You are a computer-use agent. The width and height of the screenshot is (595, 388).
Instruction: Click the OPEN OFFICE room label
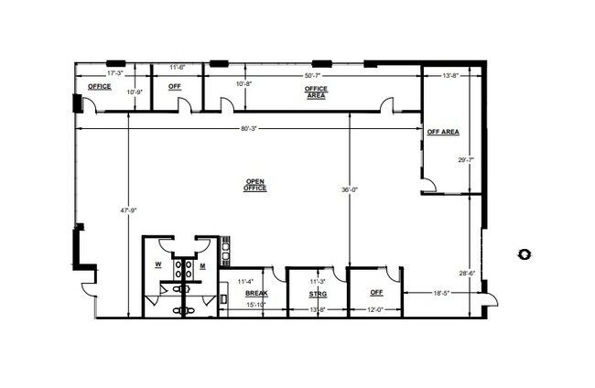click(x=254, y=184)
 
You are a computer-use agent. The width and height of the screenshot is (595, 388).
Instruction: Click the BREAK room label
click(x=254, y=293)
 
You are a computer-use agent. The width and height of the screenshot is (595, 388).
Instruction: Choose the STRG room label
click(x=317, y=294)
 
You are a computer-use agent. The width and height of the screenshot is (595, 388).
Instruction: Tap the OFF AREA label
click(x=443, y=133)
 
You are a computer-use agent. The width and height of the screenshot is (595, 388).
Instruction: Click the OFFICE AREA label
click(x=316, y=92)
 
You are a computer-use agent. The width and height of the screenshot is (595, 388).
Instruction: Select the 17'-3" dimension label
click(x=115, y=71)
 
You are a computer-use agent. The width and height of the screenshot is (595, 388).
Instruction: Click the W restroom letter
click(x=158, y=265)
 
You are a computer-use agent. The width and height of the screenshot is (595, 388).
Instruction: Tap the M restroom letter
click(x=202, y=265)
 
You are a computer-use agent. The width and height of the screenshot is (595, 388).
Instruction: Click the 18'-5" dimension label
click(x=443, y=293)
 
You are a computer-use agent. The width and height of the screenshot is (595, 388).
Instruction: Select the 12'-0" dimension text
click(x=376, y=308)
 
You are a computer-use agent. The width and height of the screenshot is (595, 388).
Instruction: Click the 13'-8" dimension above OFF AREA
click(x=449, y=74)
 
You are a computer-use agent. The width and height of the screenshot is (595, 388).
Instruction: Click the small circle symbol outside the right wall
click(x=523, y=253)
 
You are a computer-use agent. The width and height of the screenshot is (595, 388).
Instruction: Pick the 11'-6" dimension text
click(x=178, y=68)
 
